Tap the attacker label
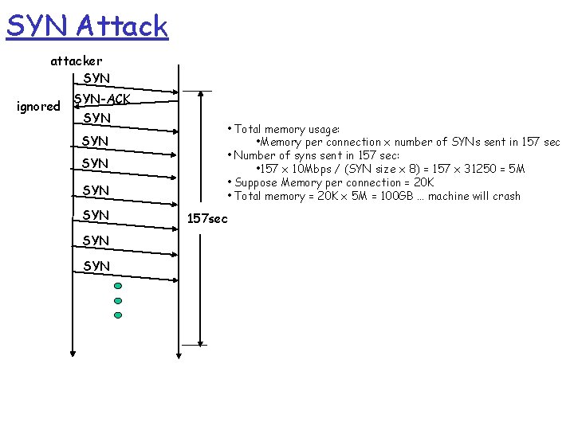(77, 61)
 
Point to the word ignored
(38, 106)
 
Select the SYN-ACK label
(102, 100)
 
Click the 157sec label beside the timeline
(207, 218)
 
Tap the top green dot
(118, 286)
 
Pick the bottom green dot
(118, 315)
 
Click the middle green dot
(118, 301)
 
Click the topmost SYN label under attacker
(96, 78)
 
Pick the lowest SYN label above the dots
(96, 265)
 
